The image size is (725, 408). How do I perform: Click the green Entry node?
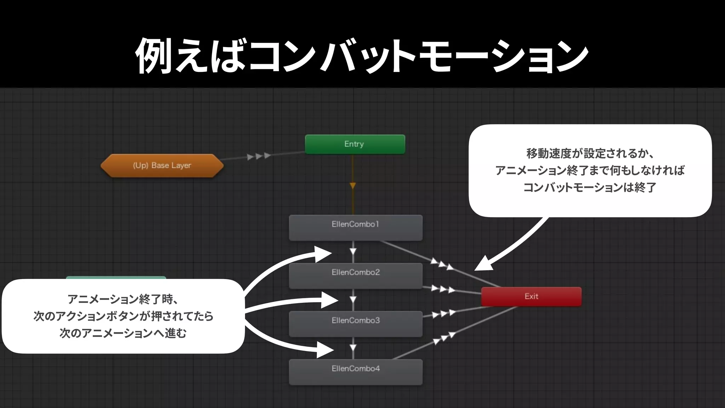tap(355, 144)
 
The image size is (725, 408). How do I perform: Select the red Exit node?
tap(531, 296)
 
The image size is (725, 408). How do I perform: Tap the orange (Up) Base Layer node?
tap(162, 165)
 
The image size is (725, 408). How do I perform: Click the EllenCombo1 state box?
tap(355, 228)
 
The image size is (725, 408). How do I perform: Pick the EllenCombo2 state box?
tap(355, 276)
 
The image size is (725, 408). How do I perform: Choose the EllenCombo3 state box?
tap(355, 324)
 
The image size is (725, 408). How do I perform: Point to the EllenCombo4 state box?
tap(355, 372)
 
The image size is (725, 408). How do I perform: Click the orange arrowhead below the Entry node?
tap(353, 186)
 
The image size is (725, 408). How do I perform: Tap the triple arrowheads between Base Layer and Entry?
tap(259, 156)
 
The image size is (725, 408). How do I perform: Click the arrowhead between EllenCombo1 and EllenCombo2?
tap(353, 251)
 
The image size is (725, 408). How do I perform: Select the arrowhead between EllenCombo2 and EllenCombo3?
tap(353, 300)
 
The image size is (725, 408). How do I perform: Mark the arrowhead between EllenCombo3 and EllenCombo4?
tap(353, 348)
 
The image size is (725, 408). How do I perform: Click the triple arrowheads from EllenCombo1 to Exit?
tap(442, 264)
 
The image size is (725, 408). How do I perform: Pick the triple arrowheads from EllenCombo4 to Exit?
tap(444, 338)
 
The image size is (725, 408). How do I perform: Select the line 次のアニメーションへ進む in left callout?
tap(123, 333)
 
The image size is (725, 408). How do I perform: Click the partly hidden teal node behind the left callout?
tap(116, 278)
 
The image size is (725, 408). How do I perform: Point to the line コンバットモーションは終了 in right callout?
tap(590, 187)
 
